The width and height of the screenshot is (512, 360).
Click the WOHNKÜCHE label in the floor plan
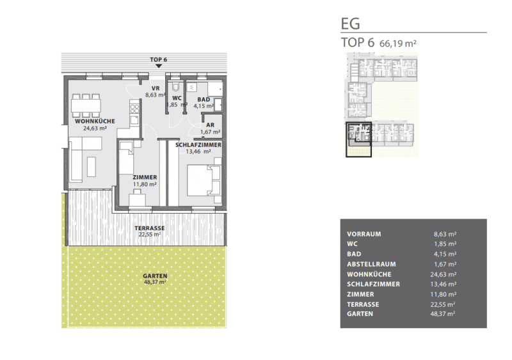click(x=95, y=121)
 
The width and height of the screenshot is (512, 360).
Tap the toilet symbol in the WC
click(x=177, y=87)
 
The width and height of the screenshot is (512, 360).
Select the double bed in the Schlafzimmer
click(x=204, y=180)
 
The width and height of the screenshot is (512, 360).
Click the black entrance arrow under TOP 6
click(x=159, y=66)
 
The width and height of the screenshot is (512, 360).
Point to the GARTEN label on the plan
click(x=155, y=276)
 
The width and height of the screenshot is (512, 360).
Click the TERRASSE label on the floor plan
click(x=150, y=228)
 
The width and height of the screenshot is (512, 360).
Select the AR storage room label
click(x=211, y=125)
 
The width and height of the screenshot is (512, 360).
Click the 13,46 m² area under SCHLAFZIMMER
click(x=198, y=152)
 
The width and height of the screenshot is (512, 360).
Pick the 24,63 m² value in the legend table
click(x=443, y=274)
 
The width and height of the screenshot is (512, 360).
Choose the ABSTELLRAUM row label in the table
click(x=371, y=264)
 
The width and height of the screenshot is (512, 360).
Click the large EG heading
click(x=350, y=24)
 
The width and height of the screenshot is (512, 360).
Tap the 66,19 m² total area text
click(x=397, y=43)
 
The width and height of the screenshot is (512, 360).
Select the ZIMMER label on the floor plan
click(x=145, y=177)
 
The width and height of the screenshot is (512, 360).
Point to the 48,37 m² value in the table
click(x=442, y=314)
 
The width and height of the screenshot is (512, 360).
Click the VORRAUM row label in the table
click(x=364, y=234)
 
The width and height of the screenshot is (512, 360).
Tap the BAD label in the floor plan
click(x=204, y=99)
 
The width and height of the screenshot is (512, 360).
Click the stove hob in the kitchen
click(x=135, y=109)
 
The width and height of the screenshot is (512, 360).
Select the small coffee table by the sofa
click(x=92, y=167)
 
